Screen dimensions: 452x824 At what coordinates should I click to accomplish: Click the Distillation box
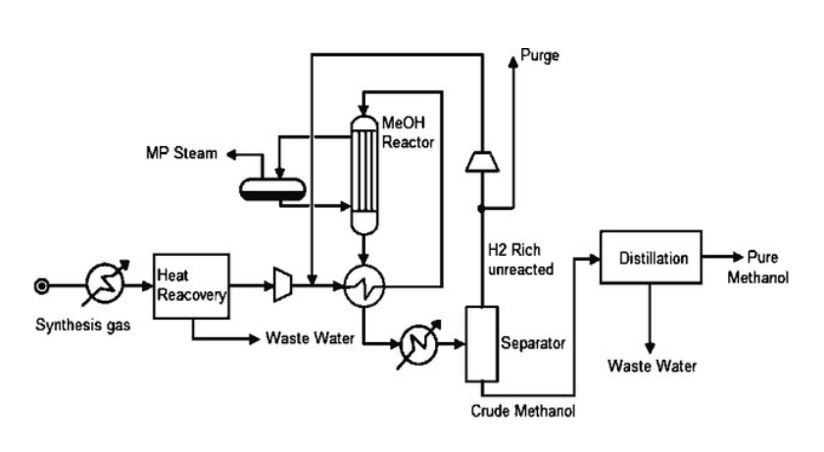(650, 258)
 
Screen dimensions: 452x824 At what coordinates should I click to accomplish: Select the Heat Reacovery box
(191, 285)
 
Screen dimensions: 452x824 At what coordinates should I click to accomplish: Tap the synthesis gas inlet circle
(41, 286)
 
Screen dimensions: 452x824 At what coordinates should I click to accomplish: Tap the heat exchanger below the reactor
(364, 285)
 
